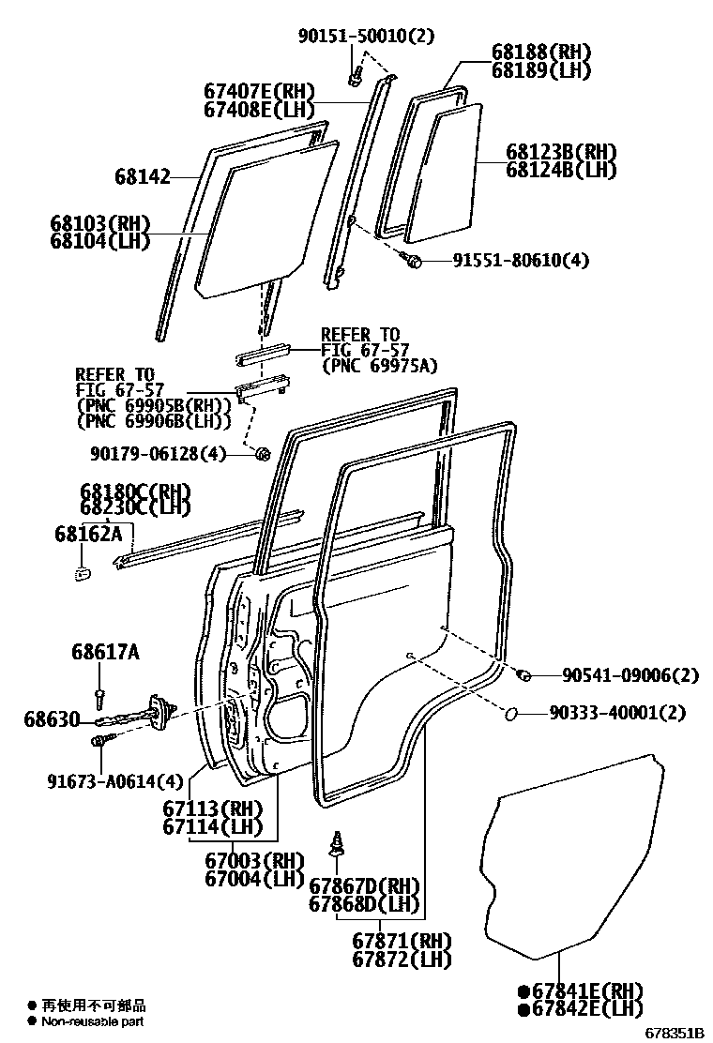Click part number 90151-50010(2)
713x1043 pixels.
pyautogui.click(x=355, y=37)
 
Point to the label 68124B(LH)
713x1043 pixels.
pyautogui.click(x=561, y=170)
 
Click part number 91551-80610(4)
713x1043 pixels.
pyautogui.click(x=512, y=260)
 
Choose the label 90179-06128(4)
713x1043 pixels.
pyautogui.click(x=159, y=454)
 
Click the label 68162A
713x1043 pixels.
pyautogui.click(x=88, y=533)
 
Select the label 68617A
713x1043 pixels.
pyautogui.click(x=104, y=651)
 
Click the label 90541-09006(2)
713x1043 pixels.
pyautogui.click(x=631, y=675)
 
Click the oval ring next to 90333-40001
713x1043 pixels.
pyautogui.click(x=513, y=714)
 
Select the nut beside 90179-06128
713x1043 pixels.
pyautogui.click(x=263, y=455)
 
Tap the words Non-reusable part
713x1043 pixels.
pyautogui.click(x=92, y=1022)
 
